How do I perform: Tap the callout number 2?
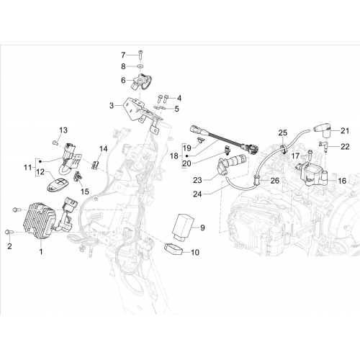(x=9, y=246)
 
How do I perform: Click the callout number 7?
(x=123, y=55)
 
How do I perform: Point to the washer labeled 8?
(x=140, y=66)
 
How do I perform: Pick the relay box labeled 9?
(x=185, y=226)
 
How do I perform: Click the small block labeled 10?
(x=174, y=248)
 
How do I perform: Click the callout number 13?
(x=63, y=130)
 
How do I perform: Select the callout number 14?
(x=104, y=149)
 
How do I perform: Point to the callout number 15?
(x=85, y=192)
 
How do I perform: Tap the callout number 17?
(x=295, y=156)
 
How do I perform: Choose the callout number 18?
(x=174, y=156)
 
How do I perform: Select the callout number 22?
(x=345, y=147)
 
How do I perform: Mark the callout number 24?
(x=197, y=194)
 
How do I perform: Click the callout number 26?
(x=275, y=181)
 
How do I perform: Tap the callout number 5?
(x=176, y=109)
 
